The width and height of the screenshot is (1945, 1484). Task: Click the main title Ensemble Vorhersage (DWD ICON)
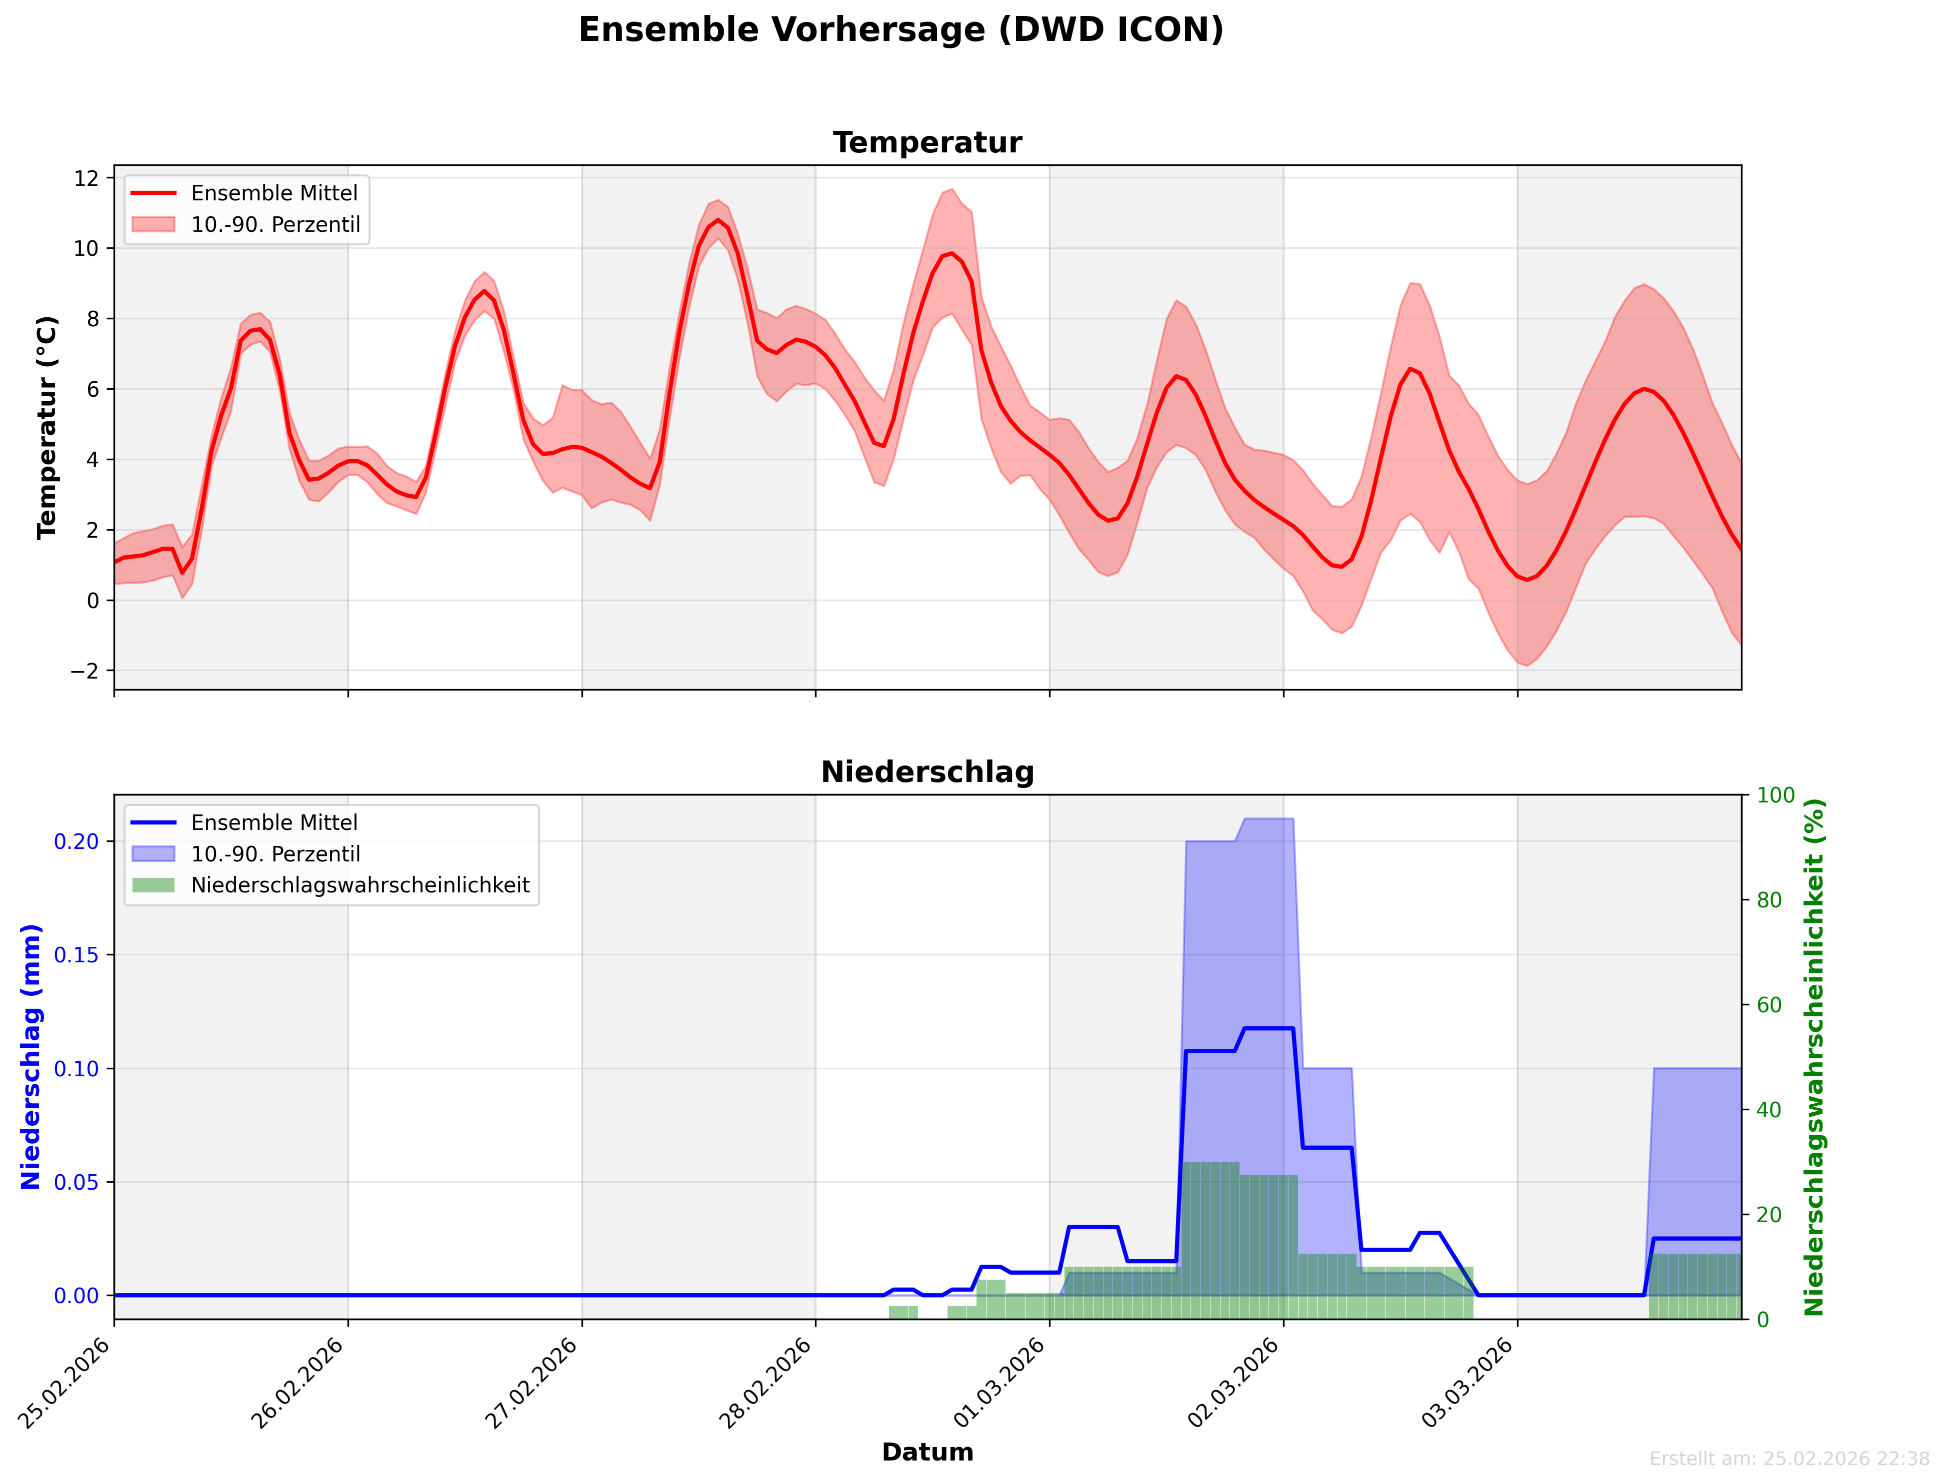(x=900, y=30)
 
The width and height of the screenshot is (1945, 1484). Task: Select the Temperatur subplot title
(x=927, y=142)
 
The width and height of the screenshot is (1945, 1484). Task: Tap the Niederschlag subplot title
(x=927, y=772)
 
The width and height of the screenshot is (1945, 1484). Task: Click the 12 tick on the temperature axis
(x=86, y=178)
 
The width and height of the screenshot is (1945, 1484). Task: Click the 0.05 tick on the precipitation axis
(x=76, y=1182)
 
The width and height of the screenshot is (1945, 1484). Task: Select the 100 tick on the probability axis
(x=1775, y=795)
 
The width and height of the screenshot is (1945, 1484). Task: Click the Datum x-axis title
(x=927, y=1452)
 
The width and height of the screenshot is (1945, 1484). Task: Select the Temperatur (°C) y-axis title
(x=47, y=428)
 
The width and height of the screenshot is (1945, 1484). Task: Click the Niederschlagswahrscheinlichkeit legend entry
(x=359, y=885)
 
